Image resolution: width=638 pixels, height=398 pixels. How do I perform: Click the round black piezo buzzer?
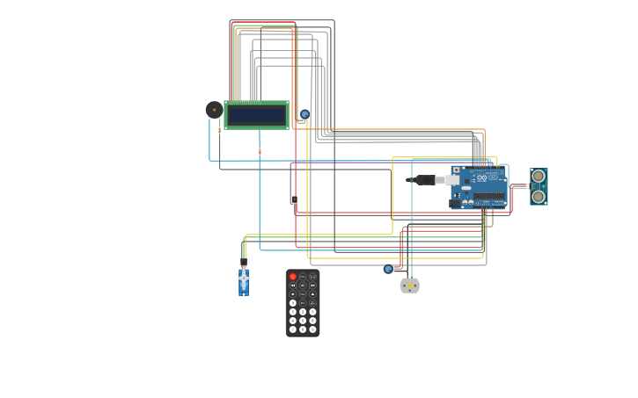[214, 110]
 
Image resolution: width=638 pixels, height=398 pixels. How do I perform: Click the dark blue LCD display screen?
[256, 115]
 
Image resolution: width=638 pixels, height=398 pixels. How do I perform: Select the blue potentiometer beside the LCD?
[304, 114]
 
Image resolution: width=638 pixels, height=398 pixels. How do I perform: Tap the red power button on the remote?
[293, 277]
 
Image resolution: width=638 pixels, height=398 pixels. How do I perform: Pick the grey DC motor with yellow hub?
[409, 286]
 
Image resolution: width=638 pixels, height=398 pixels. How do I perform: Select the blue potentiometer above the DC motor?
[388, 269]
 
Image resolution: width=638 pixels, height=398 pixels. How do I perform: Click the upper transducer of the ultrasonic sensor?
[539, 177]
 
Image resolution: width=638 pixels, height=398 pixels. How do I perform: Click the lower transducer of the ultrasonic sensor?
[539, 197]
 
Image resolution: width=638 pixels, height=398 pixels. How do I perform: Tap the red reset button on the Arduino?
[456, 170]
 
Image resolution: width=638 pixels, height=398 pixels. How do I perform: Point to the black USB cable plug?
[424, 180]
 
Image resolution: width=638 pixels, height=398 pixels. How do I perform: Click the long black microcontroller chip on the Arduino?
[489, 197]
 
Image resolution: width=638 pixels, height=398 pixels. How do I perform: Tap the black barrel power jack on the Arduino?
[455, 203]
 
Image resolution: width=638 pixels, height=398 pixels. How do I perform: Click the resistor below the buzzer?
[219, 130]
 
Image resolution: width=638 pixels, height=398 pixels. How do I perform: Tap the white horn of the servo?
[244, 278]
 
